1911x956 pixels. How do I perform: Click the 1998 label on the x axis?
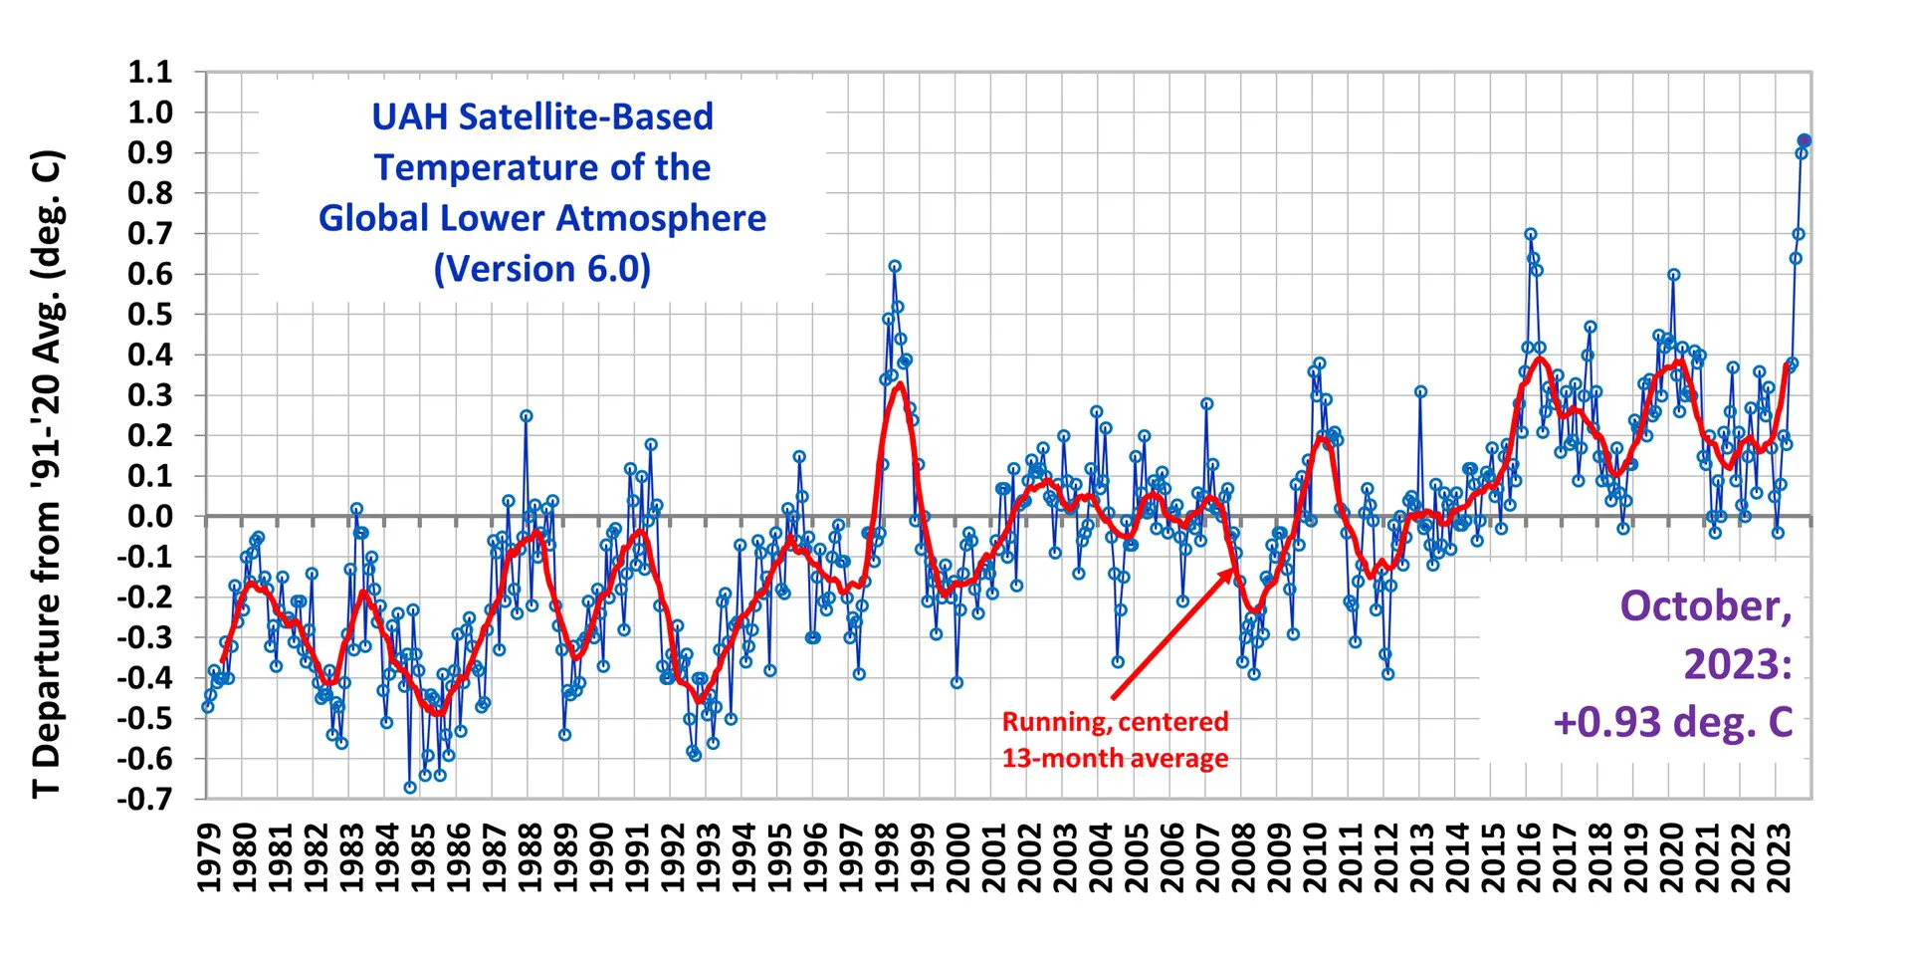(887, 858)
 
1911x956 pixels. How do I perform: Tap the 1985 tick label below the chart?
(423, 858)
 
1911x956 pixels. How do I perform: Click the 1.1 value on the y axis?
(150, 72)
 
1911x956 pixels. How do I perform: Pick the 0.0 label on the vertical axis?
(150, 516)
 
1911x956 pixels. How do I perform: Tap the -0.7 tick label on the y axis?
(145, 799)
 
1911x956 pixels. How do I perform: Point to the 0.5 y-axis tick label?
(150, 314)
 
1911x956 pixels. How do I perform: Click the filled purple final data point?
(1804, 141)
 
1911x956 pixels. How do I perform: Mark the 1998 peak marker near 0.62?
(895, 267)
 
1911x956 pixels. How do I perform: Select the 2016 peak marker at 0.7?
(1531, 234)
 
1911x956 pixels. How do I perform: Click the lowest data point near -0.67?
(410, 788)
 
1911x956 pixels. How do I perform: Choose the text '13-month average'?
(1115, 759)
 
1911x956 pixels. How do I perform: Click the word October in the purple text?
(1705, 606)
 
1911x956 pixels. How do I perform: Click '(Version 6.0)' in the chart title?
(542, 269)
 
